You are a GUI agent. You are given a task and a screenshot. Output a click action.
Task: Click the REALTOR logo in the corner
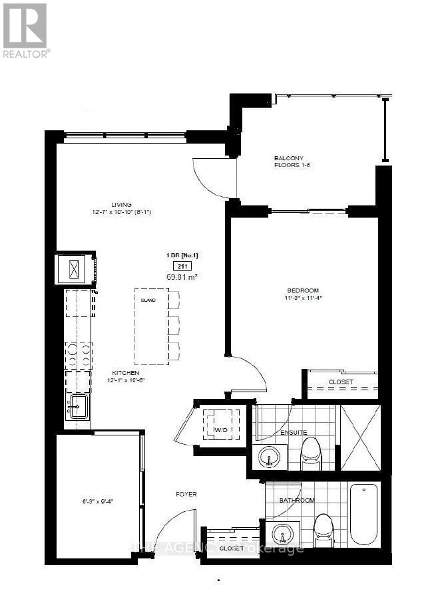click(25, 29)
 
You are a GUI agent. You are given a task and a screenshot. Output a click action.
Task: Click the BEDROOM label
click(303, 291)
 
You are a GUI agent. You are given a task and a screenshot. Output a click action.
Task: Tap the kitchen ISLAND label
click(148, 300)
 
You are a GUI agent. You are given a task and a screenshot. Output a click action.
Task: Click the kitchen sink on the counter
click(77, 406)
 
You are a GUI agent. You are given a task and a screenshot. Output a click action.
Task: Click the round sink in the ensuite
click(269, 458)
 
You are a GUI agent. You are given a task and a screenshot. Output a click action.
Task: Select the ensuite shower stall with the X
click(359, 437)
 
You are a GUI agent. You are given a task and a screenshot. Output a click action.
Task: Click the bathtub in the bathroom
click(364, 515)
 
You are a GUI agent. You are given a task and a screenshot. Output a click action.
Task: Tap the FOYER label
click(186, 494)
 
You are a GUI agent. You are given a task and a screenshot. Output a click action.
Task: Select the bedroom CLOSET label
click(341, 382)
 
